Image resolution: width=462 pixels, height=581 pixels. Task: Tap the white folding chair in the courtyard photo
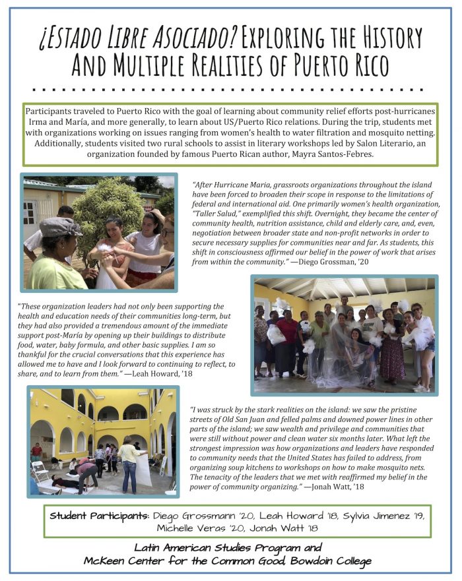pyautogui.click(x=41, y=472)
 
